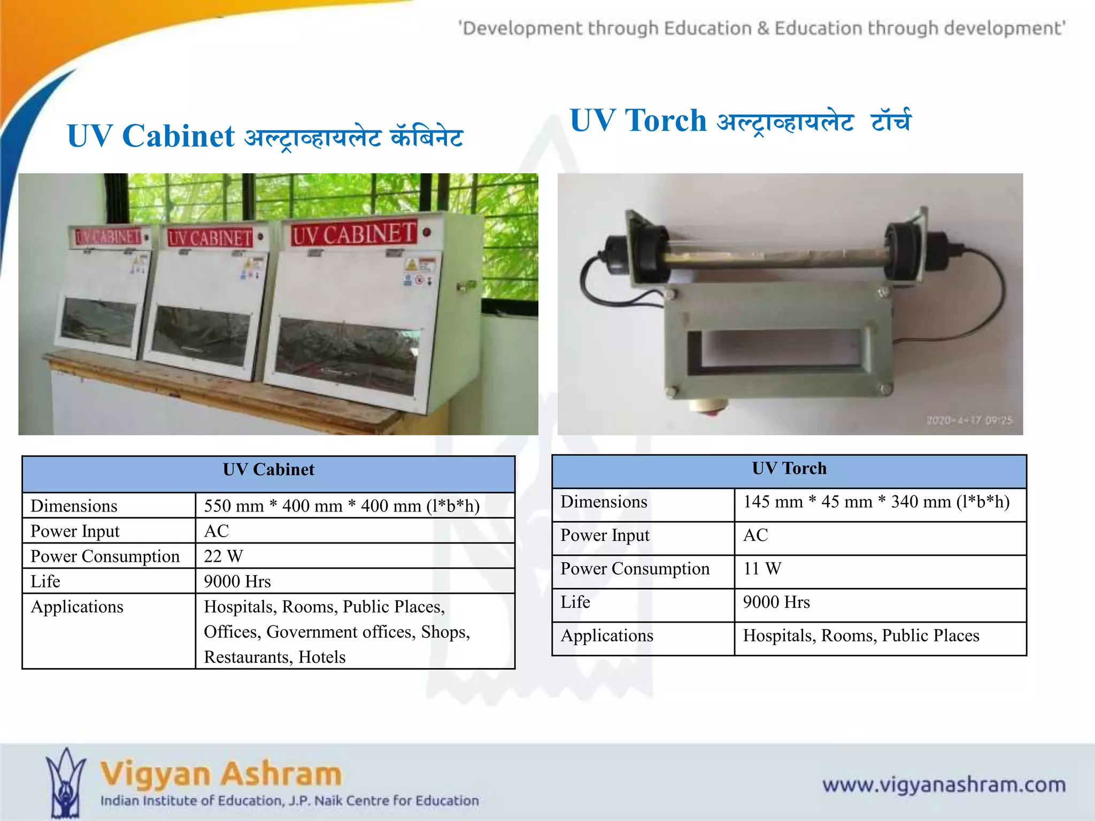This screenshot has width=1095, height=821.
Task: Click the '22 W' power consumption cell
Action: [223, 556]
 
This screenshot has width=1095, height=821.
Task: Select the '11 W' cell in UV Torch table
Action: [762, 569]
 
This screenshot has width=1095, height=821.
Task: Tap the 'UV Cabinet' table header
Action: [268, 470]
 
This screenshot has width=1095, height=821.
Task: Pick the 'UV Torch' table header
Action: [789, 469]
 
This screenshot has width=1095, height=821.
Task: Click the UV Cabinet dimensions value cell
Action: [342, 506]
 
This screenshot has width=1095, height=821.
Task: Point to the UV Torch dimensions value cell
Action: [876, 502]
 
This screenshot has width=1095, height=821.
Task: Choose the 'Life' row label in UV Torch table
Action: [575, 602]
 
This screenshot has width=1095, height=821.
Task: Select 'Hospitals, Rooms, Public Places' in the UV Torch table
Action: [861, 636]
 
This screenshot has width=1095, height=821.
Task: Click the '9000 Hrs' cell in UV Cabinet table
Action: [237, 582]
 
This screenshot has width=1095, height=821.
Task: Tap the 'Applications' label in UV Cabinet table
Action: [77, 607]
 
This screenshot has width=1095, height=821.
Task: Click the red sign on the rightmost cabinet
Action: [353, 234]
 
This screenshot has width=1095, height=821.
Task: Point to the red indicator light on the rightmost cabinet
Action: [427, 232]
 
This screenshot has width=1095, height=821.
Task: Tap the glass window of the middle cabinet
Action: [200, 337]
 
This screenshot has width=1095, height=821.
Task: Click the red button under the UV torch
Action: [708, 409]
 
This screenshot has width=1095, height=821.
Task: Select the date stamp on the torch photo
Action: [969, 421]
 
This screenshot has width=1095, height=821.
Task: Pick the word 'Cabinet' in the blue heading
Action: [178, 136]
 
